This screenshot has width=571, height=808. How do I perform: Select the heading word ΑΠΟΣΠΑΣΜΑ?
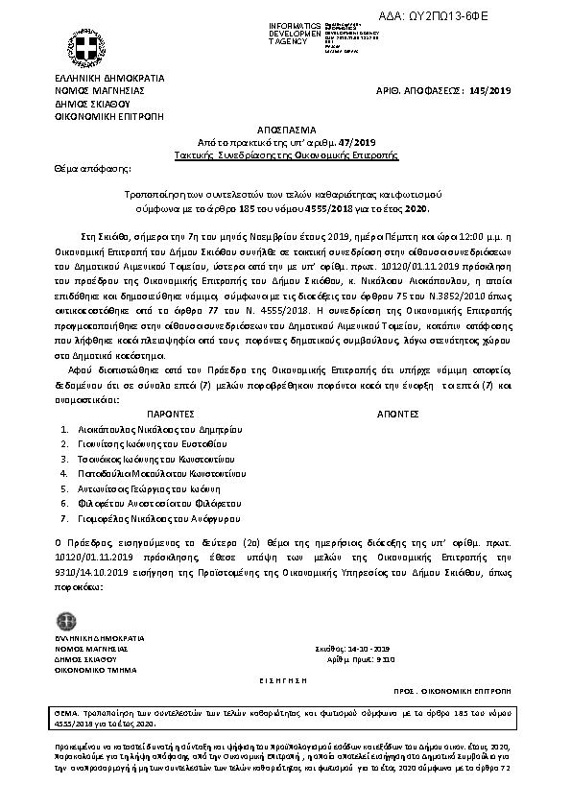point(285,127)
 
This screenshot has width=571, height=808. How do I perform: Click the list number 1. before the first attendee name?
point(63,431)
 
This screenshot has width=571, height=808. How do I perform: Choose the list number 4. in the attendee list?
point(63,474)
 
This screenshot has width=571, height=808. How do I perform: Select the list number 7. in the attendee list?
point(63,518)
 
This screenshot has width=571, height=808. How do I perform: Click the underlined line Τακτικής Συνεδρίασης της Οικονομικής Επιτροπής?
point(285,153)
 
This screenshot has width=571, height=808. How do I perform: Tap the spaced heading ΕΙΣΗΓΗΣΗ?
point(285,678)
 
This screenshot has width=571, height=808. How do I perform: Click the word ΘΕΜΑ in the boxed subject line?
point(66,716)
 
